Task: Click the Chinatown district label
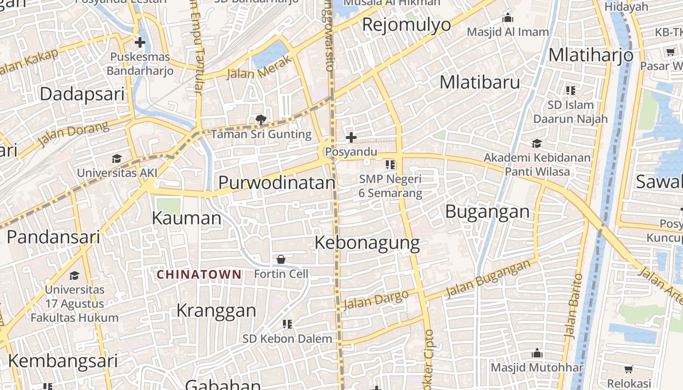click(x=199, y=274)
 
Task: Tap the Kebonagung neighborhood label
click(x=367, y=243)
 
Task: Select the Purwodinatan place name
click(x=277, y=183)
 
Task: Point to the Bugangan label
click(x=487, y=212)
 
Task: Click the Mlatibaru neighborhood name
click(x=480, y=82)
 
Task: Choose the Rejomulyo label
click(x=406, y=24)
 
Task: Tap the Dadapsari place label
click(x=82, y=94)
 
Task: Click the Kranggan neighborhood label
click(x=216, y=311)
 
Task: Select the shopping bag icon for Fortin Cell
click(x=281, y=259)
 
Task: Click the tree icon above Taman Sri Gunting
click(x=261, y=119)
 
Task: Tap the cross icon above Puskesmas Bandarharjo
click(x=140, y=42)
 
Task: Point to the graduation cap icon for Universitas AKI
click(x=117, y=158)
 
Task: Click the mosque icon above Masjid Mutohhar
click(x=537, y=353)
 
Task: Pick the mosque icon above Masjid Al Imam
click(x=508, y=18)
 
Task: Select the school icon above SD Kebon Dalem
click(x=287, y=324)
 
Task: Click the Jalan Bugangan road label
click(x=488, y=279)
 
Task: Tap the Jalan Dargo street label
click(x=376, y=300)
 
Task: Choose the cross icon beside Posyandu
click(x=351, y=137)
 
